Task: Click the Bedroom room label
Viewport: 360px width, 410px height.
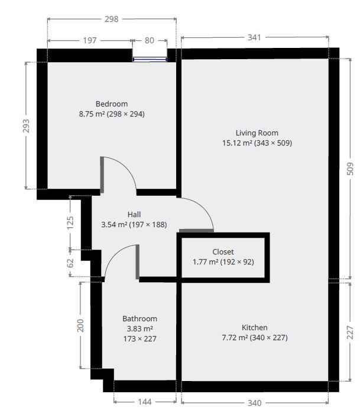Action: [x=111, y=104]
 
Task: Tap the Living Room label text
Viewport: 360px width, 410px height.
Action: [x=257, y=133]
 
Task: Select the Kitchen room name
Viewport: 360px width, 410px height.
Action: [x=254, y=328]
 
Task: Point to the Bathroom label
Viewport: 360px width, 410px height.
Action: [x=140, y=319]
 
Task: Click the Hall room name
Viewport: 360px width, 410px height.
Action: [x=134, y=215]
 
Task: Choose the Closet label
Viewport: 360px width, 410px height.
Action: [x=223, y=252]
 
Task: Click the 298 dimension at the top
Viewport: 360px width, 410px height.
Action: [x=111, y=19]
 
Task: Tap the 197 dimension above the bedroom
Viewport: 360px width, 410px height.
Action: [x=89, y=41]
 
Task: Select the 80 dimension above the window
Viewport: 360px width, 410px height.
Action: [x=149, y=41]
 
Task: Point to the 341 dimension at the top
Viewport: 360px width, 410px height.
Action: [x=254, y=38]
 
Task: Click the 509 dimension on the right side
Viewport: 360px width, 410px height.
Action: [x=349, y=169]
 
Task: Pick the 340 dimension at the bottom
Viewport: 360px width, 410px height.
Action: [x=254, y=403]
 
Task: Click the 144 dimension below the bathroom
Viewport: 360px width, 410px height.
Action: [x=144, y=402]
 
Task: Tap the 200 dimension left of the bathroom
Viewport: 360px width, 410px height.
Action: [x=81, y=325]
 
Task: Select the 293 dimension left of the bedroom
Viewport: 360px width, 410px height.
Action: [x=26, y=125]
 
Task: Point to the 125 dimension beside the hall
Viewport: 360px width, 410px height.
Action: [x=70, y=222]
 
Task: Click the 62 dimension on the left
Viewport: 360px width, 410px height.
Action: [x=70, y=262]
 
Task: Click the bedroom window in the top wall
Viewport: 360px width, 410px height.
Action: [x=149, y=59]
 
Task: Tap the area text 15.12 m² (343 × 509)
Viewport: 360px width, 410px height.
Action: [x=257, y=143]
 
